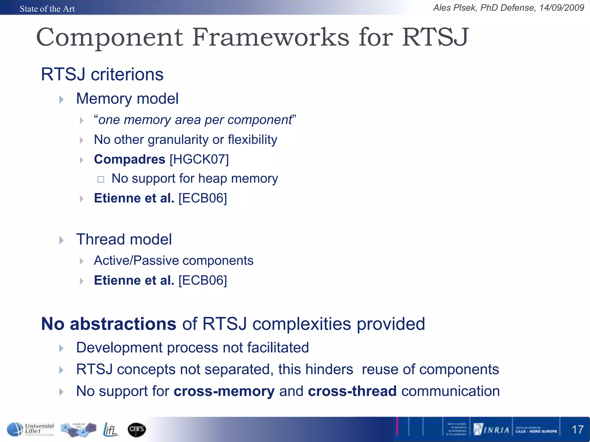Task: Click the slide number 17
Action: pos(577,430)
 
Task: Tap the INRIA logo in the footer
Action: pos(492,430)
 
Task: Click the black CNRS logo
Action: pos(137,430)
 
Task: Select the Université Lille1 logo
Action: pos(31,429)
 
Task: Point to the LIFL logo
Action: pos(111,430)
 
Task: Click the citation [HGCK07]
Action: pos(199,159)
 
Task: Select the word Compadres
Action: pos(129,159)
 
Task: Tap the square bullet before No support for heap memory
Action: pos(101,180)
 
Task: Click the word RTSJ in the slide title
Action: pos(435,37)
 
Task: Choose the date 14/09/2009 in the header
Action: pos(561,8)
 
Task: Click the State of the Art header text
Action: pos(47,9)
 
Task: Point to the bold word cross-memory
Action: pos(224,391)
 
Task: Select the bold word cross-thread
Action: pos(352,391)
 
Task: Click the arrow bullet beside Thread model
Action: pos(61,240)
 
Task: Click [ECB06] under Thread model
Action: pos(203,281)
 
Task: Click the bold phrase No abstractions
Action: pos(108,324)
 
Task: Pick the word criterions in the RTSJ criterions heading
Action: pos(127,75)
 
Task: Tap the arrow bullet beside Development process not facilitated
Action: pos(61,348)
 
